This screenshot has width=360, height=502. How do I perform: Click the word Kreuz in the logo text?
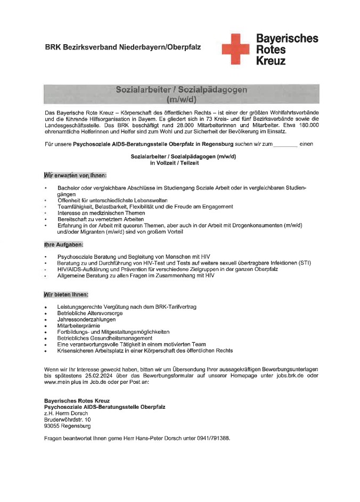(x=271, y=61)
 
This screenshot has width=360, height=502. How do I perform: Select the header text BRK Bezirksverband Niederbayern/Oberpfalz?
(x=123, y=47)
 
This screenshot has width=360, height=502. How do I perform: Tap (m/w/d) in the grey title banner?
(x=181, y=100)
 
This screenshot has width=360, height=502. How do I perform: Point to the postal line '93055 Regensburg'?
(x=67, y=426)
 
